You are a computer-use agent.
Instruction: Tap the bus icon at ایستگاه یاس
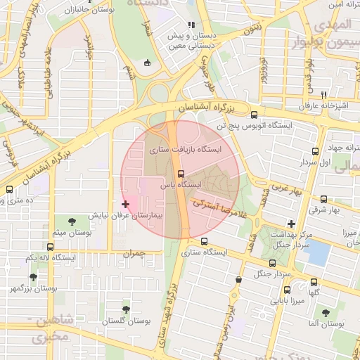(x=181, y=173)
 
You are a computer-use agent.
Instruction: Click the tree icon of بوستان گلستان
(x=126, y=309)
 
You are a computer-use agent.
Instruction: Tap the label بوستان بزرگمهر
(x=34, y=288)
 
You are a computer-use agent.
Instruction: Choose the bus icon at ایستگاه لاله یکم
(x=50, y=247)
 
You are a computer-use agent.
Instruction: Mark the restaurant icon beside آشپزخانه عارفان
(x=324, y=94)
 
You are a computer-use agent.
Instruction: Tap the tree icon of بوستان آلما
(x=325, y=313)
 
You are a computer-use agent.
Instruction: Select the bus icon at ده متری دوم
(x=9, y=189)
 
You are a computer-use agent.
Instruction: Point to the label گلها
(x=314, y=292)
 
